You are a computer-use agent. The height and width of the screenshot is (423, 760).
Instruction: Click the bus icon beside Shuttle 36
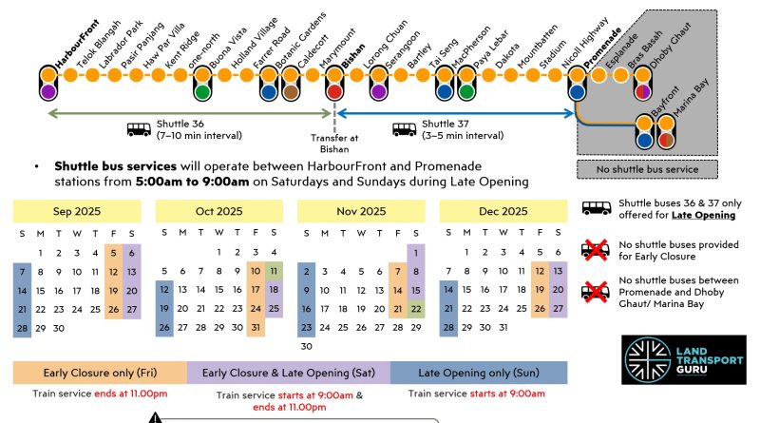click(140, 129)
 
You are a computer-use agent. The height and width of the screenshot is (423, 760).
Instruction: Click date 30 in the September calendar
click(58, 327)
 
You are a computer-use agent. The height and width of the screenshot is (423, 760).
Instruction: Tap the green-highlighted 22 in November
click(416, 309)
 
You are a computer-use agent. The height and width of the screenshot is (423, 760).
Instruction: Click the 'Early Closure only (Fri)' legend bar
click(100, 372)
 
